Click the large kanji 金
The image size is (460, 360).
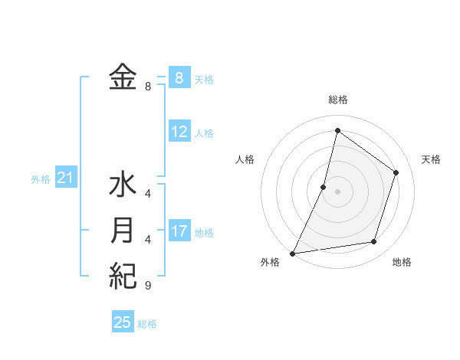(123, 78)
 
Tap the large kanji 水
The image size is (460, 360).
(123, 186)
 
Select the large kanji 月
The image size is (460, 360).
(123, 231)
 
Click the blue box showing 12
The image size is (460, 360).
(179, 132)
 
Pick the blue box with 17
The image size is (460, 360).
(179, 231)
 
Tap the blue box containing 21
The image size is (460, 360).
(66, 178)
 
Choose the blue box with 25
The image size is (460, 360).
(123, 322)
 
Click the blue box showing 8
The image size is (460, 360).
(179, 77)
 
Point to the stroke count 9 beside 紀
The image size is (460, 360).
(147, 286)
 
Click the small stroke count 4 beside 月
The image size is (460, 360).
(147, 240)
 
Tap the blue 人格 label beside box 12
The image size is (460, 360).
(204, 133)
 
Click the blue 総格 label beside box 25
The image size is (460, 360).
(147, 324)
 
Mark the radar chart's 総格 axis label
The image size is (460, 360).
(337, 100)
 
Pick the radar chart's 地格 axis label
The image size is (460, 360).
(402, 263)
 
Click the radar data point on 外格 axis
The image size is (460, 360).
(293, 253)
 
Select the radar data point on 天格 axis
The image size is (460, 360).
(396, 172)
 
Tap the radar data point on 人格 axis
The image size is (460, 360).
(324, 186)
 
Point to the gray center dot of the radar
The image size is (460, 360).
(337, 191)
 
